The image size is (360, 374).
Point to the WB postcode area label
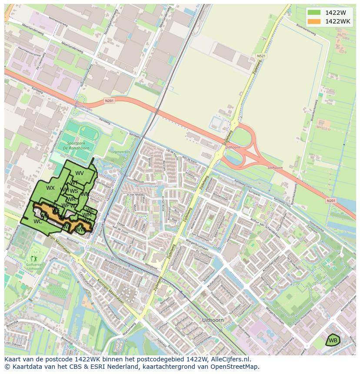click(x=333, y=340)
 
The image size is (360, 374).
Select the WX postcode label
click(x=50, y=188)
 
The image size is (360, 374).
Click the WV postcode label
click(x=80, y=173)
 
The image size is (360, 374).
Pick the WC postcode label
click(x=38, y=221)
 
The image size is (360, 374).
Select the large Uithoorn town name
click(x=213, y=320)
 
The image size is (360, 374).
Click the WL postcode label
click(x=90, y=210)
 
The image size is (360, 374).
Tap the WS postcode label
click(x=74, y=191)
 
